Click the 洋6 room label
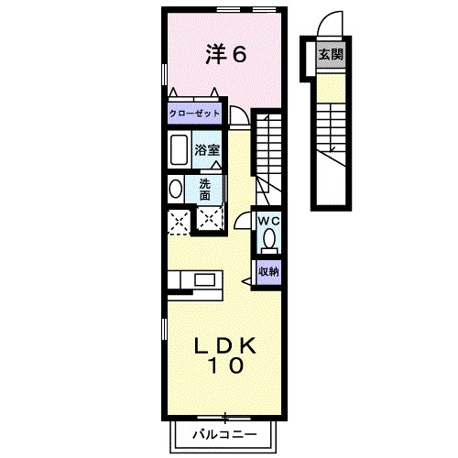point(225,55)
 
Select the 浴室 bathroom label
point(204,147)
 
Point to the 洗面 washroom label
point(204,189)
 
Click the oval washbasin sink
point(175,189)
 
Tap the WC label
point(267,221)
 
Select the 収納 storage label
point(267,271)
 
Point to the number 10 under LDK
point(224,367)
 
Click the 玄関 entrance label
point(331,54)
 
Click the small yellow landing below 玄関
point(330,85)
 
